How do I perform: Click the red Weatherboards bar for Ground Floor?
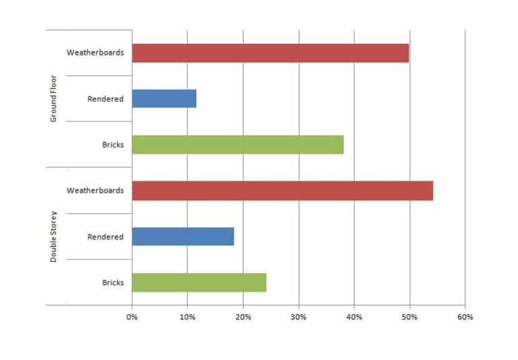(270, 53)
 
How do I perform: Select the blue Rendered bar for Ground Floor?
(164, 98)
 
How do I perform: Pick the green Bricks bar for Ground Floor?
(237, 144)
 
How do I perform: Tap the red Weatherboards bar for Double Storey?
(282, 191)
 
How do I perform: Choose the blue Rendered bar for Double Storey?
(183, 237)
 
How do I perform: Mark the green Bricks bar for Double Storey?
(199, 282)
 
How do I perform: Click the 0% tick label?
(132, 317)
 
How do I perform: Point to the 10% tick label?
(188, 317)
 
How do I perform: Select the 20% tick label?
(243, 317)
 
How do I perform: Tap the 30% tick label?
(299, 317)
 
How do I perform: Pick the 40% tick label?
(354, 317)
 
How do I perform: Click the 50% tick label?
(409, 317)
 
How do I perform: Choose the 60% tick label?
(465, 317)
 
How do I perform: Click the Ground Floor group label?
(53, 98)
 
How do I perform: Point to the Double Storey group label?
(53, 237)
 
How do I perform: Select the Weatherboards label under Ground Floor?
(95, 53)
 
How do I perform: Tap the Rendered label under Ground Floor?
(105, 98)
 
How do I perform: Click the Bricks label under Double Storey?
(113, 282)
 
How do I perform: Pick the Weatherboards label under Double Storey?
(95, 191)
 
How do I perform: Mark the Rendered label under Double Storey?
(105, 237)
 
